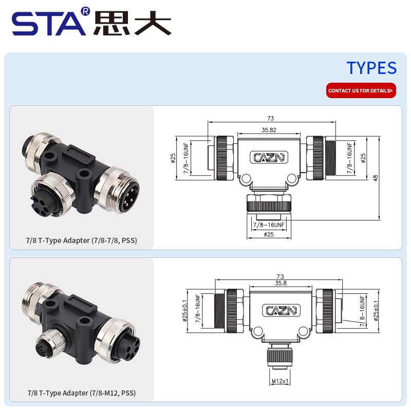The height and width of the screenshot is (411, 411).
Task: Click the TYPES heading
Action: click(x=371, y=68)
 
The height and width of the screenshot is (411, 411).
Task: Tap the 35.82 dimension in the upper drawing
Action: click(x=269, y=130)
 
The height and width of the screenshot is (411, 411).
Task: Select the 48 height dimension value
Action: click(x=375, y=178)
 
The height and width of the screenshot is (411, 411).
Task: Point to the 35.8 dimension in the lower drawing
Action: click(x=281, y=283)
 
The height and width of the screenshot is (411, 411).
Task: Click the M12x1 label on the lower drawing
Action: click(x=280, y=381)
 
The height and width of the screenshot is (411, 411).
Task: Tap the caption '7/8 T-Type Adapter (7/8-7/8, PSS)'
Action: click(x=82, y=240)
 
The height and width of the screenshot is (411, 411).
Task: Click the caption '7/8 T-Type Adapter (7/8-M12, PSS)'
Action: click(x=82, y=393)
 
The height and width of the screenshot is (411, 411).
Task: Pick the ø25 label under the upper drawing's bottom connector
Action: click(x=268, y=234)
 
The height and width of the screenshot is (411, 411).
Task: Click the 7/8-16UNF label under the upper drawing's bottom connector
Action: click(x=269, y=225)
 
